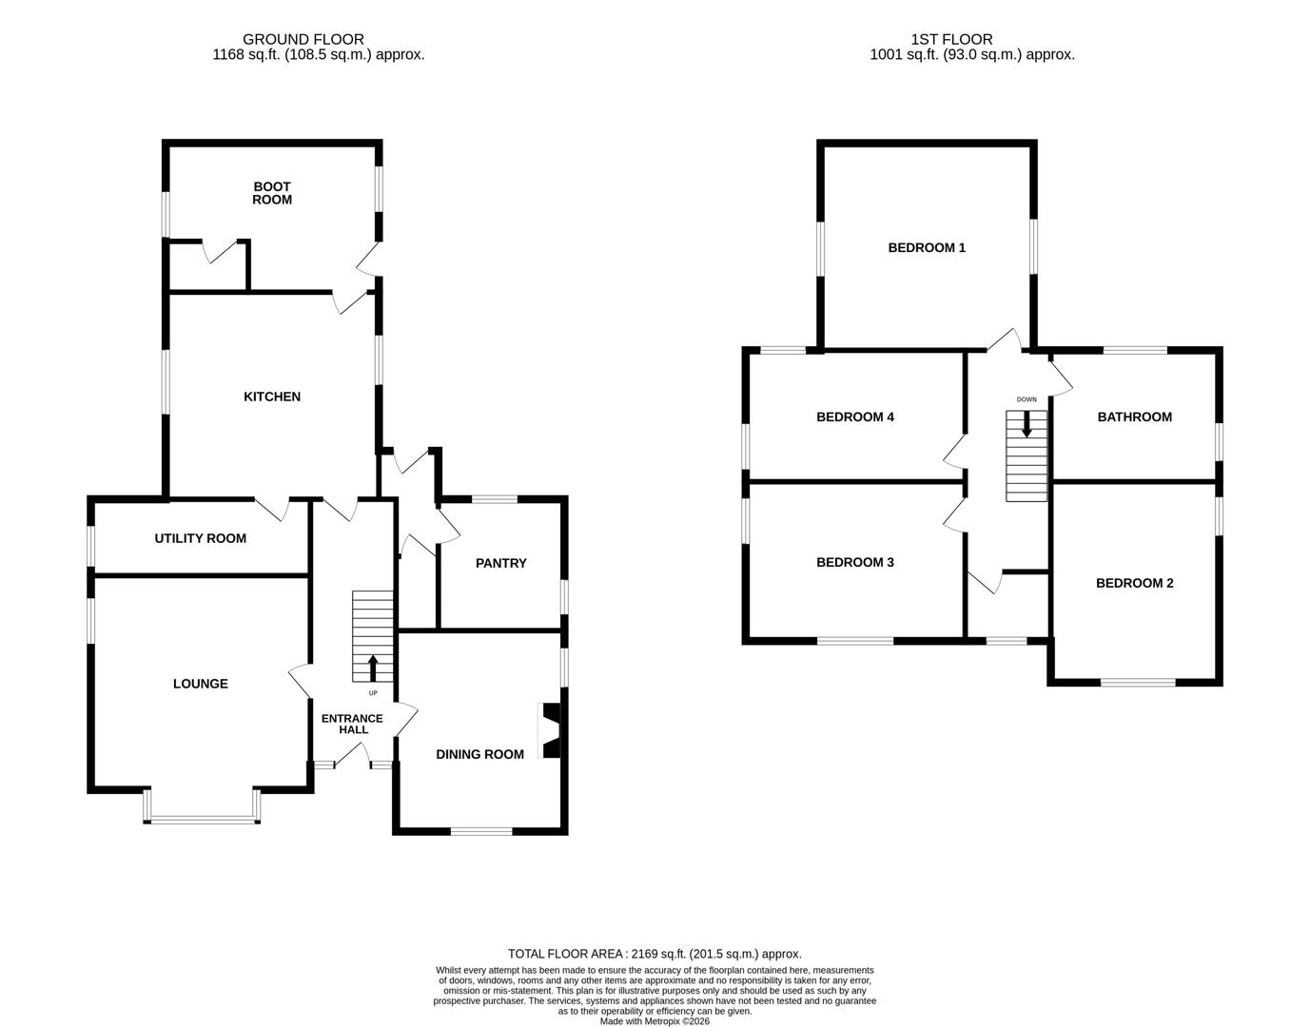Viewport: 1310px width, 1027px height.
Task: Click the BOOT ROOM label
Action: (272, 193)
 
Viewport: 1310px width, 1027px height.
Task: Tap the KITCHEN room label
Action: (272, 397)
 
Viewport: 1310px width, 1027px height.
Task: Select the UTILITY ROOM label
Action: (200, 538)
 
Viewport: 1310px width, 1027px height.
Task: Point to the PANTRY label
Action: (501, 563)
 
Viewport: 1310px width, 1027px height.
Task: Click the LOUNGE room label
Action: (200, 684)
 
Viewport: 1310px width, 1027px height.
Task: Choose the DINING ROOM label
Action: (479, 754)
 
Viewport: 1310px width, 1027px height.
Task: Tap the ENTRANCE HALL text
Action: (352, 724)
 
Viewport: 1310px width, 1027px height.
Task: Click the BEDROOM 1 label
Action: (927, 247)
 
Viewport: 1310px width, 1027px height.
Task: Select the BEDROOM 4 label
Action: (855, 417)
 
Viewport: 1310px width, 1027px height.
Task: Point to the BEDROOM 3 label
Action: (855, 562)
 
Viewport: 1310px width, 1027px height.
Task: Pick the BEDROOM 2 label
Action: (1135, 583)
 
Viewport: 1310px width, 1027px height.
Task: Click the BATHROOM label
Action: (1135, 417)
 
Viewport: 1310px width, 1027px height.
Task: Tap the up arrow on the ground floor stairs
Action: (373, 668)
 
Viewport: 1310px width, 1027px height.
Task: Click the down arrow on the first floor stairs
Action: (1026, 423)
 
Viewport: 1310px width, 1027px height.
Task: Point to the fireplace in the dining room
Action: (552, 730)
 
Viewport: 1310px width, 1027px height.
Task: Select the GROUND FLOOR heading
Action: (303, 39)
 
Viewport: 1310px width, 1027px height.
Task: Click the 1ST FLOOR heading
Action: (951, 39)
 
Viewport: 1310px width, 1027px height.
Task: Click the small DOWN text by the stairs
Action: (1026, 399)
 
